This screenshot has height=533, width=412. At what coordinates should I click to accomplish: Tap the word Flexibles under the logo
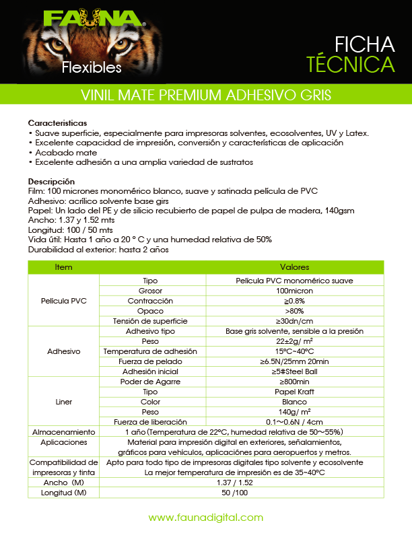(x=92, y=67)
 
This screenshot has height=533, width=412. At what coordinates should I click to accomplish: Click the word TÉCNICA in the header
(x=350, y=65)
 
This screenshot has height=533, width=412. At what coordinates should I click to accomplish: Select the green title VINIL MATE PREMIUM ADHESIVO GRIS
(x=205, y=95)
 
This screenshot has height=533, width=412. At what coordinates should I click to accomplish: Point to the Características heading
(x=57, y=124)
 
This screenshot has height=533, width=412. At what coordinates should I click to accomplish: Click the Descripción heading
(x=51, y=182)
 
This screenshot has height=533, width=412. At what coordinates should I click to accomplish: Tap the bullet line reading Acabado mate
(x=59, y=153)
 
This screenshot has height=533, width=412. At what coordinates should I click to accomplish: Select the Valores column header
(x=294, y=267)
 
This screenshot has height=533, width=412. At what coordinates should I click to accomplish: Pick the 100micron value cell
(x=294, y=291)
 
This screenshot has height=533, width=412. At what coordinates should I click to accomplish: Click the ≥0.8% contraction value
(x=294, y=301)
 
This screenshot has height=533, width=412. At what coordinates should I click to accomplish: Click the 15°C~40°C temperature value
(x=294, y=351)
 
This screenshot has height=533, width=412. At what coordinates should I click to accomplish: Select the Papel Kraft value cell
(x=294, y=392)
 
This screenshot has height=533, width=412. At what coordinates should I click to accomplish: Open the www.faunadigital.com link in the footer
(x=205, y=518)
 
